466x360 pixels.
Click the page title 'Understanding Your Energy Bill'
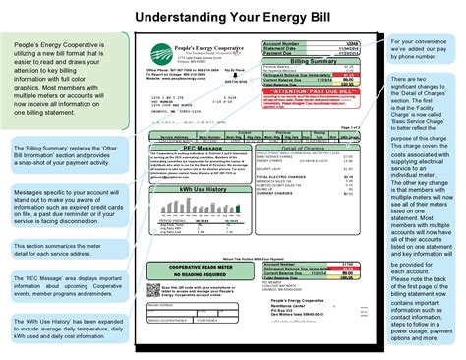(x=232, y=17)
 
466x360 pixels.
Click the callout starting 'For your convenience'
(x=425, y=48)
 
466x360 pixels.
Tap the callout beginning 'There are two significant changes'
(x=425, y=197)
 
